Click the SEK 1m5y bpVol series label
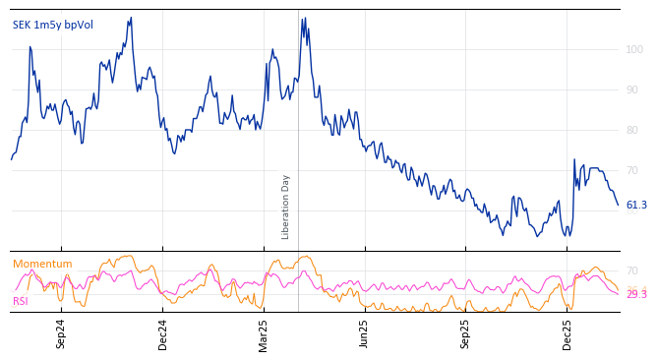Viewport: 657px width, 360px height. (53, 25)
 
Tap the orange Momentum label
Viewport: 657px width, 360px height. (42, 264)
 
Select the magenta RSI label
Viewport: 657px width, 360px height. (21, 301)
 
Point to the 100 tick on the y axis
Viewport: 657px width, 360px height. (634, 49)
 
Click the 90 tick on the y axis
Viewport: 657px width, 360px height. (631, 90)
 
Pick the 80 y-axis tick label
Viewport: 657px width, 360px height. (631, 130)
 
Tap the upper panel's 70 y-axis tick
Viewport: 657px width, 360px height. (631, 170)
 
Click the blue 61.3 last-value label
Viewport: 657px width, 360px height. (636, 206)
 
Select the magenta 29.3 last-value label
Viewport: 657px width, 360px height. (636, 295)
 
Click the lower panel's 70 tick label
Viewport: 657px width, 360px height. (631, 270)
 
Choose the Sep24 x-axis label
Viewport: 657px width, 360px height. (61, 333)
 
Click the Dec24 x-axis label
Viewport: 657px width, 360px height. (163, 333)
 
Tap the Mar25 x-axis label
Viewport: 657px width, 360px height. (264, 333)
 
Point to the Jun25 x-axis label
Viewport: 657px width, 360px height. (365, 333)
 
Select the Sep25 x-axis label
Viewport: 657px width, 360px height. (466, 333)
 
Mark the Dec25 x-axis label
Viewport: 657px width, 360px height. (567, 333)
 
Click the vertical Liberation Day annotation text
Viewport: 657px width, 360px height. (286, 207)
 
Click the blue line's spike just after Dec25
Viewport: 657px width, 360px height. (574, 159)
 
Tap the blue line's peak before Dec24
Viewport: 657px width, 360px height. (131, 18)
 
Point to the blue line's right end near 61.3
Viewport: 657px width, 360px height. (618, 205)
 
